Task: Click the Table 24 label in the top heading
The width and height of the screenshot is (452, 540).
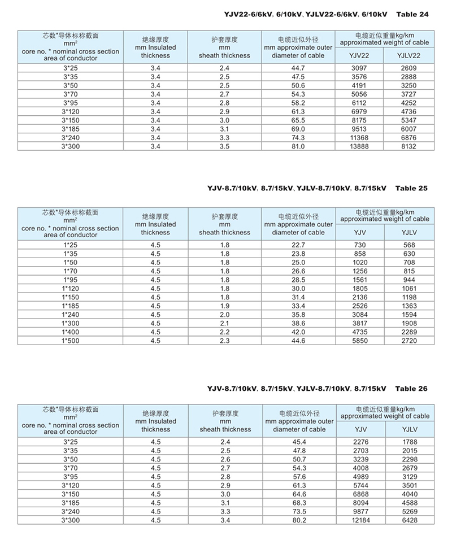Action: [413, 14]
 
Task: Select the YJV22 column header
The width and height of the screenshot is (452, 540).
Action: [360, 55]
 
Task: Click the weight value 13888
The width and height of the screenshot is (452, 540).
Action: [360, 146]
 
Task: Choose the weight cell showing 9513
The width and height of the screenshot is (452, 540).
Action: [360, 129]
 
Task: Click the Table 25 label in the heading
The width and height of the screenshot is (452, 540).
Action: [412, 188]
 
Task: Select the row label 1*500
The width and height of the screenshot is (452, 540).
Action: [70, 341]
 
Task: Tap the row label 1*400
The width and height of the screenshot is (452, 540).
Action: [70, 333]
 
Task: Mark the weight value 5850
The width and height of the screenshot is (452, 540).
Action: [360, 341]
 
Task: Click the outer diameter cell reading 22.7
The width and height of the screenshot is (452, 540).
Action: [298, 245]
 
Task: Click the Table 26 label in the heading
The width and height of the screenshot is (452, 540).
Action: [412, 389]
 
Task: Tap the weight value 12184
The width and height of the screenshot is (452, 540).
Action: [360, 520]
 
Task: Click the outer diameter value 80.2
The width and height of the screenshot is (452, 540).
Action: [298, 520]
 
